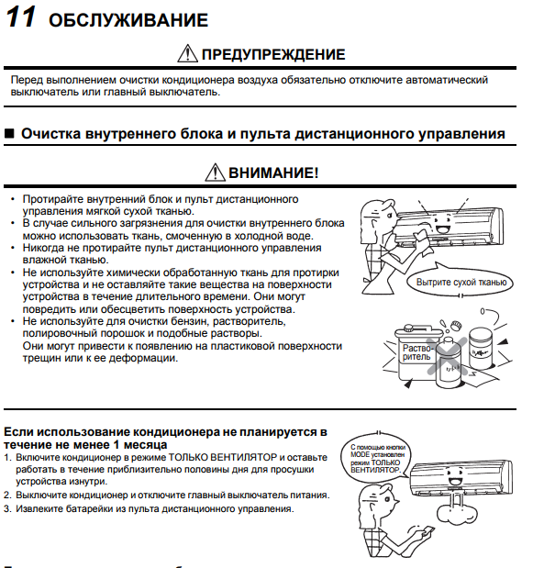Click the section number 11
20,17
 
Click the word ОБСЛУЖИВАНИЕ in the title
128,20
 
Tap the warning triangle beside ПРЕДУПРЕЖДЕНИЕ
187,53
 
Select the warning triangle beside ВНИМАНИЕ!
216,173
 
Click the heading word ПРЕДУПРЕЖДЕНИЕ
273,54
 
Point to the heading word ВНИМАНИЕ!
273,173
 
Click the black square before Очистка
9,134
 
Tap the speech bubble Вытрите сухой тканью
461,282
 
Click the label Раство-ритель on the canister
416,352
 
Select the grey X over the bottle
448,356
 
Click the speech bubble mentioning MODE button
376,458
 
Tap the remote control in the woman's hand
428,531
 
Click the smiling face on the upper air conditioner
442,224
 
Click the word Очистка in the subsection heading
51,134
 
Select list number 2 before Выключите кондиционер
7,496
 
